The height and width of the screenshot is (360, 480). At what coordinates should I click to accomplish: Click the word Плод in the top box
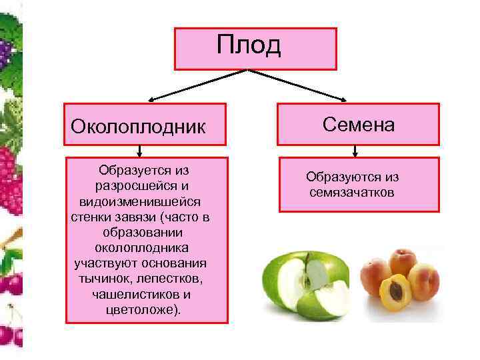click(249, 45)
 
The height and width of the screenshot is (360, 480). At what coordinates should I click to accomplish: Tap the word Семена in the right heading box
click(359, 124)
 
